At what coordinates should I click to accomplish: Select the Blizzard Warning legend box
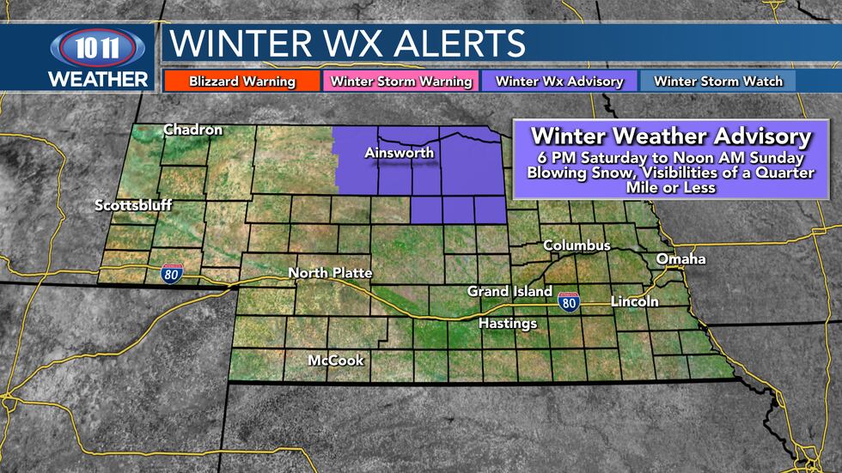coord(241,82)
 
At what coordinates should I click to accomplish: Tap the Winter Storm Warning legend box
coord(401,82)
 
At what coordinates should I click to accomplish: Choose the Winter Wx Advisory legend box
coord(559,82)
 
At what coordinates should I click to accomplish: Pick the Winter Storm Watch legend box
coord(718,82)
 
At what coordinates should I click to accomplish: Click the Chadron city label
coord(193,130)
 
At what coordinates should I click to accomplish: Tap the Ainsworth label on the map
coord(400,154)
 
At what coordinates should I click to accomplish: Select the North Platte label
coord(330,273)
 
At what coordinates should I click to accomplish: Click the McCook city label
coord(336,361)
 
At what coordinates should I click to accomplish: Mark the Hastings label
coord(508,324)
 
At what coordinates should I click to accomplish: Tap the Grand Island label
coord(509,292)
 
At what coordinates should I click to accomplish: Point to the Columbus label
coord(577,246)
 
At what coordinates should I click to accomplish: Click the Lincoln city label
coord(634,301)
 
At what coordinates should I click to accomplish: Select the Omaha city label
coord(680,259)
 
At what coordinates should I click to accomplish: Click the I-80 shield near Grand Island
coord(567,301)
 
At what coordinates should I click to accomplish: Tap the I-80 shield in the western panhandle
coord(170,273)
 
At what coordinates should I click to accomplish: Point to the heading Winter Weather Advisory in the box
coord(670,136)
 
